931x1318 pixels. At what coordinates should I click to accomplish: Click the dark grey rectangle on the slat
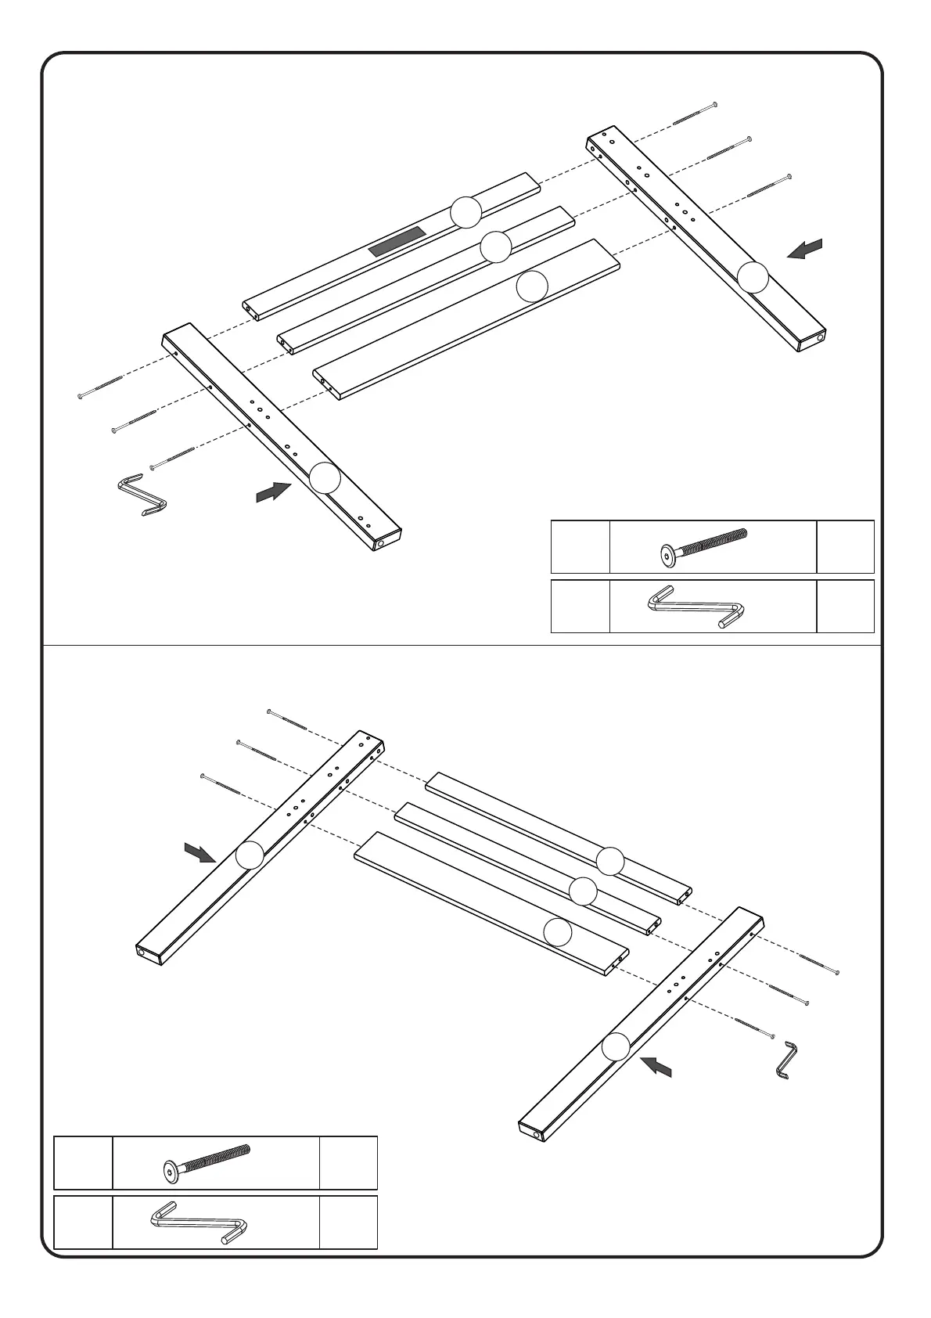(397, 243)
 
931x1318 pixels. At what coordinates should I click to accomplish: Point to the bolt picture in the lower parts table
(207, 1161)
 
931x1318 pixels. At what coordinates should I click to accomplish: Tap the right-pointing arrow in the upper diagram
(274, 492)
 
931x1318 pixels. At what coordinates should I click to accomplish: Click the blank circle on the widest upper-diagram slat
(532, 286)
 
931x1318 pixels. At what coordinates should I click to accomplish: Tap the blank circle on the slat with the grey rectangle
(465, 211)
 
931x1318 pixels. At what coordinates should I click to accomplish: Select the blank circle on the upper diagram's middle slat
(495, 247)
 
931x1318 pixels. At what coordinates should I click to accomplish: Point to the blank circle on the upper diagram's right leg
(753, 277)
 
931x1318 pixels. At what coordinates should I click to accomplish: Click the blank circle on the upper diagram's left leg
(325, 477)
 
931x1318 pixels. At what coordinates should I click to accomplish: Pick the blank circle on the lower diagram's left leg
(250, 855)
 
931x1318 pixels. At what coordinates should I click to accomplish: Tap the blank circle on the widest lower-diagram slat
(557, 932)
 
